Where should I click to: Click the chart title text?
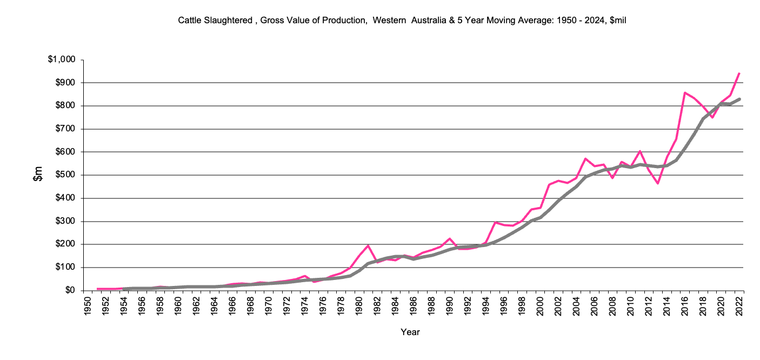click(x=402, y=21)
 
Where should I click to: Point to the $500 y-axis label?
click(x=63, y=175)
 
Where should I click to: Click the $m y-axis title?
click(x=38, y=174)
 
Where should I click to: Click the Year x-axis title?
click(x=410, y=332)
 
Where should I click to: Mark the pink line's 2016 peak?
click(x=685, y=92)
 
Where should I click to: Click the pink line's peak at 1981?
click(x=368, y=245)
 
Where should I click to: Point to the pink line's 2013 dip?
click(x=658, y=183)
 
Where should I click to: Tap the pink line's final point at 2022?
click(x=739, y=74)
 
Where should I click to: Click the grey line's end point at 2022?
click(x=739, y=99)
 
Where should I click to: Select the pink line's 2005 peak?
click(x=585, y=159)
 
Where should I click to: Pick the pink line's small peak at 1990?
click(x=450, y=238)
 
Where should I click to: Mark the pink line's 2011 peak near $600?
click(x=639, y=151)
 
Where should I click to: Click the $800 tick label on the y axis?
click(x=63, y=106)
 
